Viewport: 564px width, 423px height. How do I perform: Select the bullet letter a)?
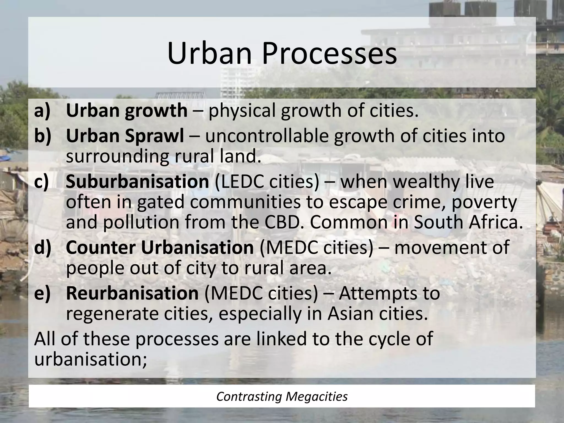[x=43, y=110]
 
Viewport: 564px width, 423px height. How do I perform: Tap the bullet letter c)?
[x=42, y=182]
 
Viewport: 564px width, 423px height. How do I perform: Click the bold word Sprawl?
[x=154, y=136]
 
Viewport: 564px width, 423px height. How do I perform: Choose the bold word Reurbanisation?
[x=132, y=293]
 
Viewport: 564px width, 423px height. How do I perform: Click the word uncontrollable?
[x=267, y=136]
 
